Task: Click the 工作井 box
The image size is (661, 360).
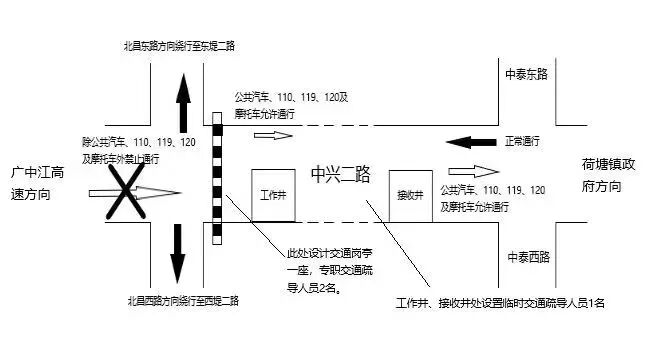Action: point(273,196)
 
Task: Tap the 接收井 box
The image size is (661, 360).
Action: point(411,196)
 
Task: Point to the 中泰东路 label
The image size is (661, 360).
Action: point(528,73)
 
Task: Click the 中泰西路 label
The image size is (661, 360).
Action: point(528,258)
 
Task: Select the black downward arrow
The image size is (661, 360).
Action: point(178,252)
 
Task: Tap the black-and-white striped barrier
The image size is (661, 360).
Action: point(217,178)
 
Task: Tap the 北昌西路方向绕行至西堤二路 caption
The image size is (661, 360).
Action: point(182,300)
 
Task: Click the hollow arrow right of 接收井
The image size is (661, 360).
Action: point(472,170)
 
